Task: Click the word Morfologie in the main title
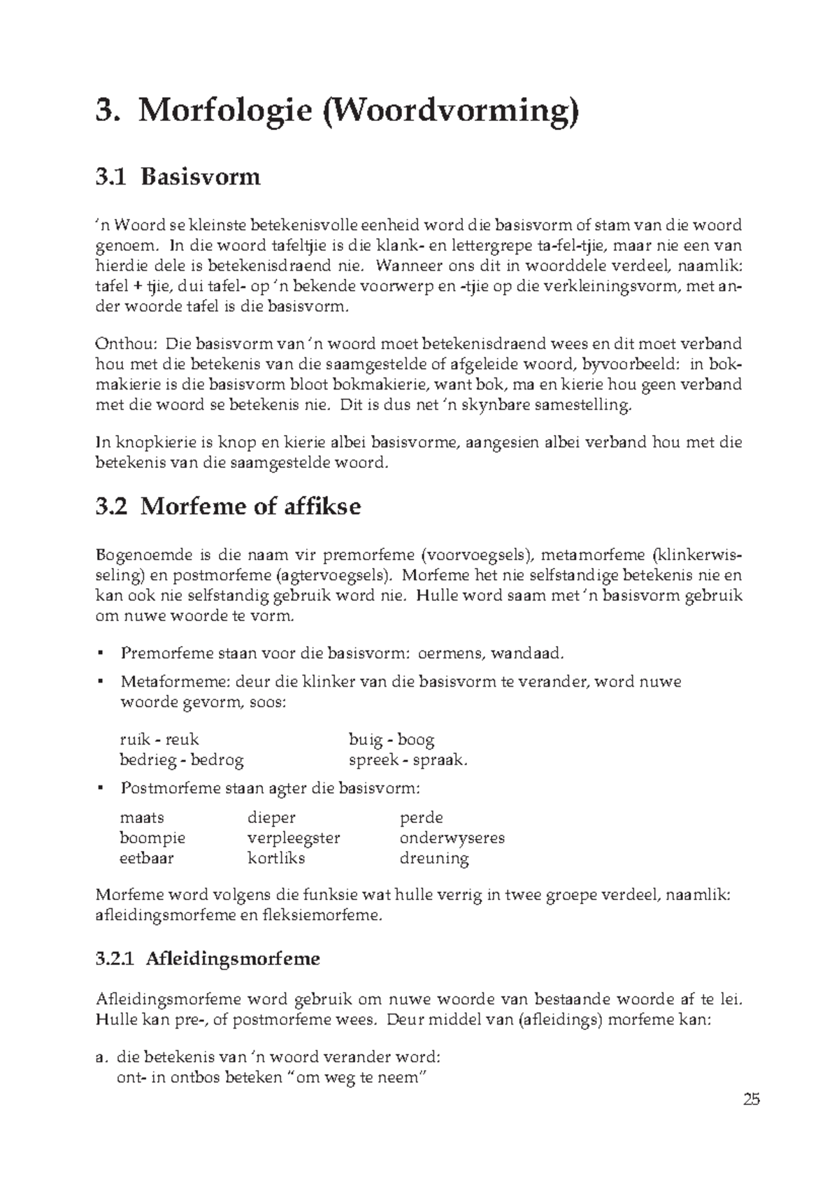224,113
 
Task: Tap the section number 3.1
110,177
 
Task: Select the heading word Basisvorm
200,177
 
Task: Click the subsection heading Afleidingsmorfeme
233,959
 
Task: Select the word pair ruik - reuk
159,739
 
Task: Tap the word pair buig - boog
391,739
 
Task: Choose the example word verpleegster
294,838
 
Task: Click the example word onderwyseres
452,838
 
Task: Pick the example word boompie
152,838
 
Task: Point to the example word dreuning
433,858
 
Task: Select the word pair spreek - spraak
408,760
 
